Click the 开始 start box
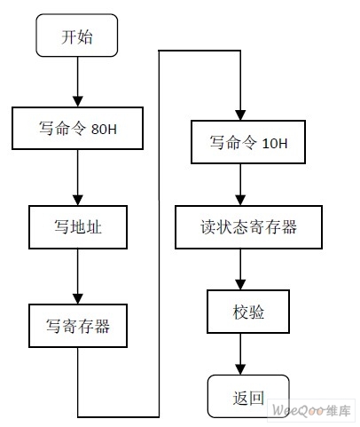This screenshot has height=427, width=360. [x=77, y=37]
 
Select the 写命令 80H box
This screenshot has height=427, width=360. [x=78, y=129]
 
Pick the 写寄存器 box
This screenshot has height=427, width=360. [x=78, y=325]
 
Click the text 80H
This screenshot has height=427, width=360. [x=104, y=130]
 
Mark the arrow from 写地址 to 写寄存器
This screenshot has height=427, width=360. [x=78, y=276]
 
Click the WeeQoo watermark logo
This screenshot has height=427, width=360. [x=310, y=412]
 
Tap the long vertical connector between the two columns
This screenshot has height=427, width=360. [x=159, y=231]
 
